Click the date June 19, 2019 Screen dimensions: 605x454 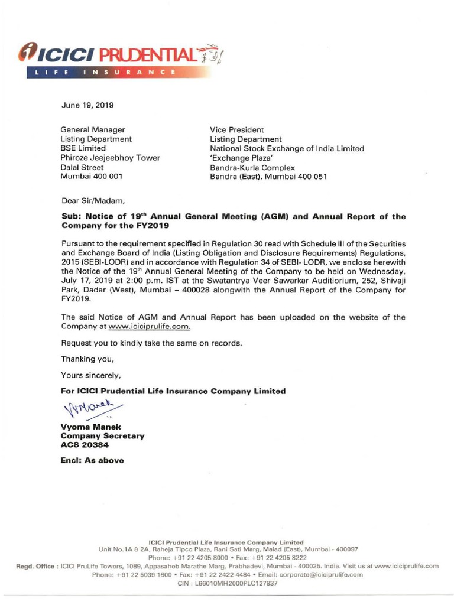(x=87, y=106)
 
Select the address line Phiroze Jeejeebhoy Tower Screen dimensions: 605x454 (x=110, y=158)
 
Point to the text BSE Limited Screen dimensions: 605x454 (x=83, y=148)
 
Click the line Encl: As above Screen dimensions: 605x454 (x=92, y=461)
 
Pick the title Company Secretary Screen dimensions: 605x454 (x=102, y=436)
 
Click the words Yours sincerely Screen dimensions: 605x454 (x=90, y=375)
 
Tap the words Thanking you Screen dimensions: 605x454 (x=87, y=359)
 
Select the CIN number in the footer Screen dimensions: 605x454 (x=227, y=583)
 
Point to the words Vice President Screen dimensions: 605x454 (x=237, y=129)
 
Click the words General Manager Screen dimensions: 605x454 (x=93, y=129)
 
